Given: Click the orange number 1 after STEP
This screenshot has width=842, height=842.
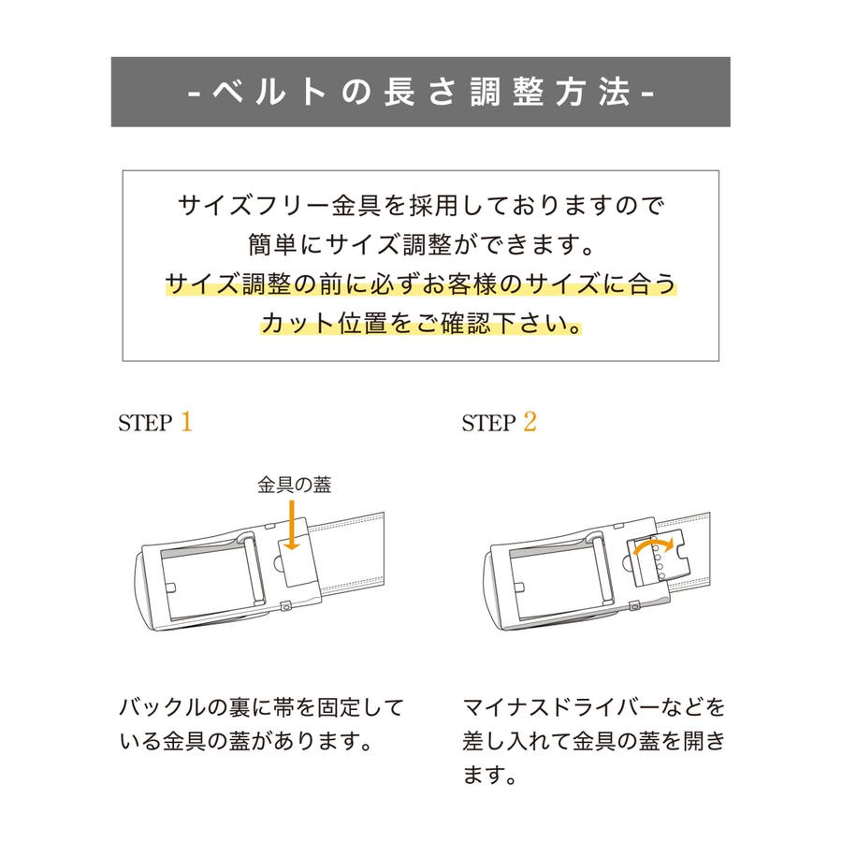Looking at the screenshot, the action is click(x=186, y=422).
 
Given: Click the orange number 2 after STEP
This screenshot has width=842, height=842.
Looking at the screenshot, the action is click(x=530, y=422).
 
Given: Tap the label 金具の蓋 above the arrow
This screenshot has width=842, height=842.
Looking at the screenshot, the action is click(x=295, y=485).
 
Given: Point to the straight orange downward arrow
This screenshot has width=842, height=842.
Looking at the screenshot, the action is click(x=292, y=525).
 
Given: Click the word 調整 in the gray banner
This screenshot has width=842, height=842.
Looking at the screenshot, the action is click(x=507, y=92).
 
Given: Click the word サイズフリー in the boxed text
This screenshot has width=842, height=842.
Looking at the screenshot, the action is click(x=254, y=205).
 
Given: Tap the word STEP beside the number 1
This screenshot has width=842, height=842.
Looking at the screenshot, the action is click(x=145, y=423).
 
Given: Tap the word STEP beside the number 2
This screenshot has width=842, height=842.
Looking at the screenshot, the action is click(x=488, y=423).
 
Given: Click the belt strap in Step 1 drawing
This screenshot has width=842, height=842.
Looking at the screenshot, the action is click(x=349, y=549).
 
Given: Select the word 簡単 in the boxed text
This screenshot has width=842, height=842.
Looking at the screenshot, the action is click(x=273, y=245).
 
